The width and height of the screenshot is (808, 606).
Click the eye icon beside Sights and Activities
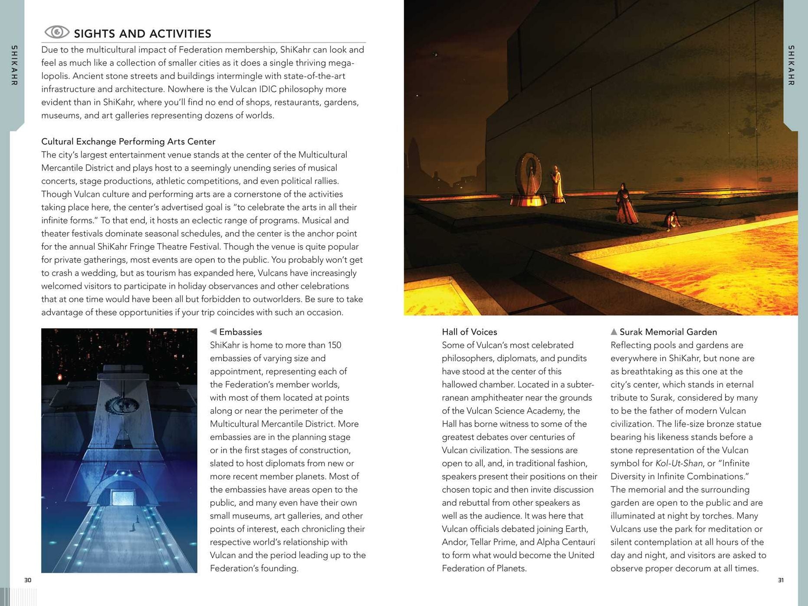57,32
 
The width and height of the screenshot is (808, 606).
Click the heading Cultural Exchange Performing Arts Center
128,142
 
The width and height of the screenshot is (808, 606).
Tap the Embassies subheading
240,332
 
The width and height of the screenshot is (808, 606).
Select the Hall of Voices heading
469,332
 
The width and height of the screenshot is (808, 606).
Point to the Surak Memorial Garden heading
668,332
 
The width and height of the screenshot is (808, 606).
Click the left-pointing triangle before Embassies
213,332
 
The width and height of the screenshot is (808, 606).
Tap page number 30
28,580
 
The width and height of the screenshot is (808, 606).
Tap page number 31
781,580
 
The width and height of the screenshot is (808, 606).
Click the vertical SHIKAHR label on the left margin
14,65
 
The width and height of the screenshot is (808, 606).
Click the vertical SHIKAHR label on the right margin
791,65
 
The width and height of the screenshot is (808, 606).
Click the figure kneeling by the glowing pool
673,221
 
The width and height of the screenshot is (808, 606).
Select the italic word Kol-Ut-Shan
679,464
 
